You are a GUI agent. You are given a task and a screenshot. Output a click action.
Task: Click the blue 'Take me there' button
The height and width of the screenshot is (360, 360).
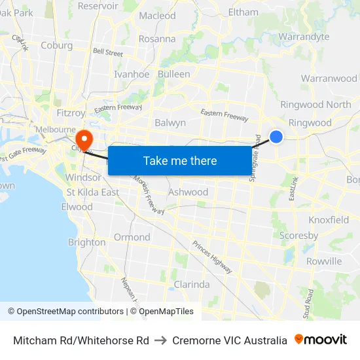coord(180,160)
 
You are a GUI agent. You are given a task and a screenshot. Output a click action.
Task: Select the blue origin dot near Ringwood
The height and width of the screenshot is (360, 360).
coord(276,136)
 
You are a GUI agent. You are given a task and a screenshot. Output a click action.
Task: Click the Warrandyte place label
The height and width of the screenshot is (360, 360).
coord(304,37)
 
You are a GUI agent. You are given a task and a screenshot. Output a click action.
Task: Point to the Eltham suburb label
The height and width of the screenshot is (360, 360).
coord(243,12)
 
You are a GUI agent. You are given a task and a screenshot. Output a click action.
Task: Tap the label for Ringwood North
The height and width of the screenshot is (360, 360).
coord(315,104)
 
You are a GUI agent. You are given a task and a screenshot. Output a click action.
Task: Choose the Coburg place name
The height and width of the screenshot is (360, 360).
coord(56,45)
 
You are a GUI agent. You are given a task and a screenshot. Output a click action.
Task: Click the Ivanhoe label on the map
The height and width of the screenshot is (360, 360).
coord(132,74)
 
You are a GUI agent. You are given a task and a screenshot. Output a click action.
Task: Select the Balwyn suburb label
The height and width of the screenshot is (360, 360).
coord(170,122)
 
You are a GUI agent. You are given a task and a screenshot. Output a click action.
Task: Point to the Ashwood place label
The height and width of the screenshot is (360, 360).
coord(188,192)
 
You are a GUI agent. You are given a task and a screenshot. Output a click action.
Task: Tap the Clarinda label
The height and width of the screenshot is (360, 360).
coord(192,284)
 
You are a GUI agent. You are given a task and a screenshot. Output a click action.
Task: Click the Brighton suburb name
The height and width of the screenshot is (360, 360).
coord(87,242)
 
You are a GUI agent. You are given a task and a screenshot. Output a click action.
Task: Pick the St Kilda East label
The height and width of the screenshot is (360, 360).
coord(93,192)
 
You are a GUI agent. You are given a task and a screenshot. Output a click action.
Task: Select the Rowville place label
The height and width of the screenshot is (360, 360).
coord(323,261)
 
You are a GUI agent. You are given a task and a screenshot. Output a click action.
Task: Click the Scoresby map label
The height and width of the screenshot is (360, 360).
coord(298,235)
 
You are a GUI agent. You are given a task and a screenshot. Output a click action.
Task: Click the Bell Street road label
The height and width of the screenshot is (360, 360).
coord(108,52)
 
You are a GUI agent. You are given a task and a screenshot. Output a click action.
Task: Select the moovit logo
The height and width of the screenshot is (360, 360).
coord(320,340)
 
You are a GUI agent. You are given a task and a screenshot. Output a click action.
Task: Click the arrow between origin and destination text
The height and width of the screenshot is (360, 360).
coord(161,340)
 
